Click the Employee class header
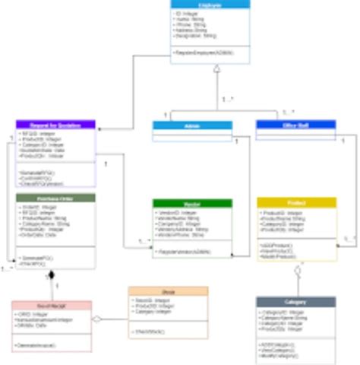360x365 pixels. click(x=210, y=5)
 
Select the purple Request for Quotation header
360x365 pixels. click(x=55, y=124)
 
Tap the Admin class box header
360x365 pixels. click(x=192, y=125)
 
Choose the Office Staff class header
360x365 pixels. click(x=295, y=124)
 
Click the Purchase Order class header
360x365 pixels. click(x=55, y=198)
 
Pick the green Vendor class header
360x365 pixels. click(x=192, y=203)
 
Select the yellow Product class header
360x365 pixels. click(x=296, y=202)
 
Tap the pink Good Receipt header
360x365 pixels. click(x=52, y=305)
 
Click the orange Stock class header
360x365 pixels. click(x=168, y=290)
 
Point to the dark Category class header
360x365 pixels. click(x=296, y=302)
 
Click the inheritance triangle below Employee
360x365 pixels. click(x=216, y=69)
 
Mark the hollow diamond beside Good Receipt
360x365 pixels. click(x=97, y=319)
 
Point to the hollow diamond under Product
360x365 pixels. click(x=298, y=269)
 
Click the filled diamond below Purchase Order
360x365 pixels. click(x=52, y=275)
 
